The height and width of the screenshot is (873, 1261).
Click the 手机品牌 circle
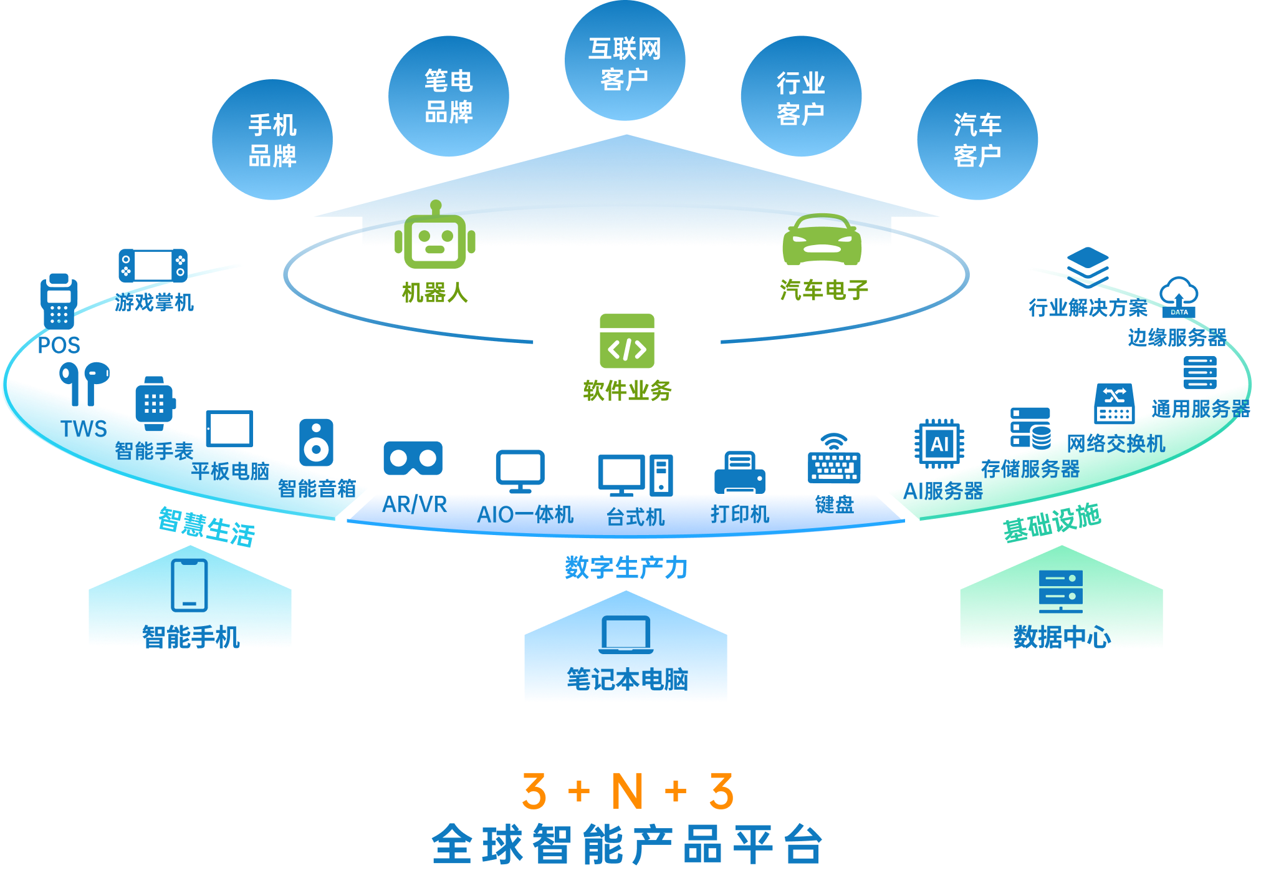(272, 140)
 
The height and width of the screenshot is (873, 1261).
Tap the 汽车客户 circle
(977, 140)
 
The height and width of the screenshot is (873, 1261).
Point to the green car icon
(822, 239)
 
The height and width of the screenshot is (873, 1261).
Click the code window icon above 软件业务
(626, 341)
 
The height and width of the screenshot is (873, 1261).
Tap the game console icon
(153, 266)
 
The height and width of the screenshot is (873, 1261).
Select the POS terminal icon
(59, 302)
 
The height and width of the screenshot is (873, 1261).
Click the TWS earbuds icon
(84, 382)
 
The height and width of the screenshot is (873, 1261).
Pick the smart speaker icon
(316, 442)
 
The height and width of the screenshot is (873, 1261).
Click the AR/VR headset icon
(413, 458)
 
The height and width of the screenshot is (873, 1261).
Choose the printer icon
(739, 472)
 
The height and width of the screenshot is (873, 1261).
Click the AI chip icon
(939, 444)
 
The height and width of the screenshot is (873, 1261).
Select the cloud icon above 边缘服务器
(1178, 297)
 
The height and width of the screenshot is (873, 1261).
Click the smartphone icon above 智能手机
(189, 585)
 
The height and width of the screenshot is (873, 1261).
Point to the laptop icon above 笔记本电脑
(626, 635)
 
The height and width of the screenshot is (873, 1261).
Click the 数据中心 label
(1062, 637)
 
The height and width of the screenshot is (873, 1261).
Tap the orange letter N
(627, 791)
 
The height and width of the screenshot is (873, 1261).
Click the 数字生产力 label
(626, 567)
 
